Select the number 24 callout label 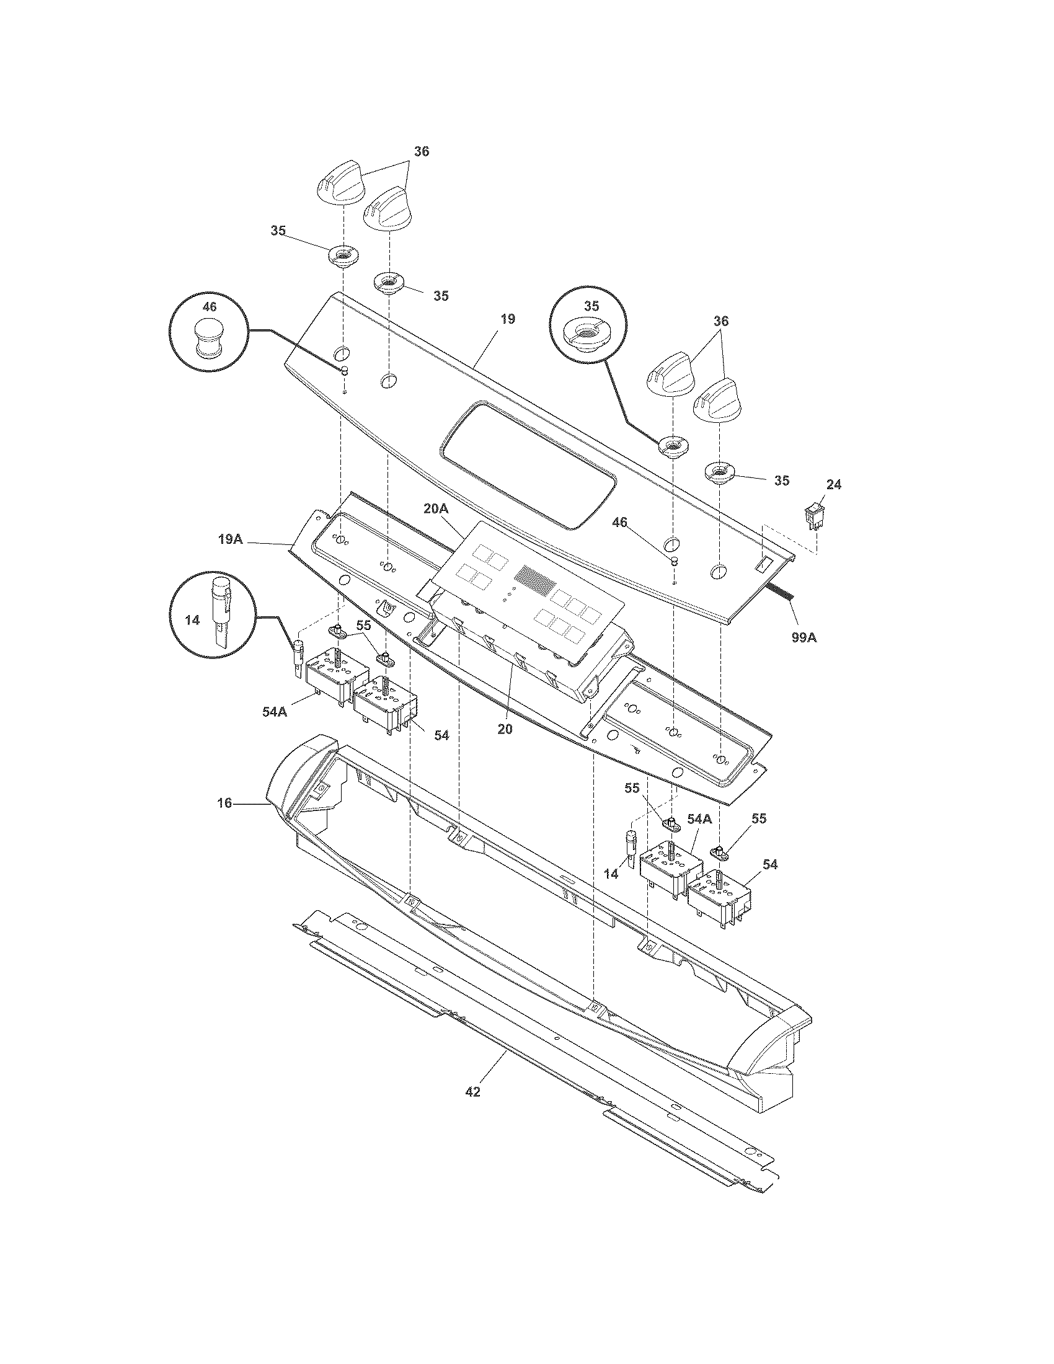pos(833,484)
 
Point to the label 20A pos(436,509)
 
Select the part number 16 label pos(224,803)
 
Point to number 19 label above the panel pos(507,319)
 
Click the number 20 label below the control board pos(505,728)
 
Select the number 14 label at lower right pos(611,874)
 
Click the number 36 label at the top pos(422,151)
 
